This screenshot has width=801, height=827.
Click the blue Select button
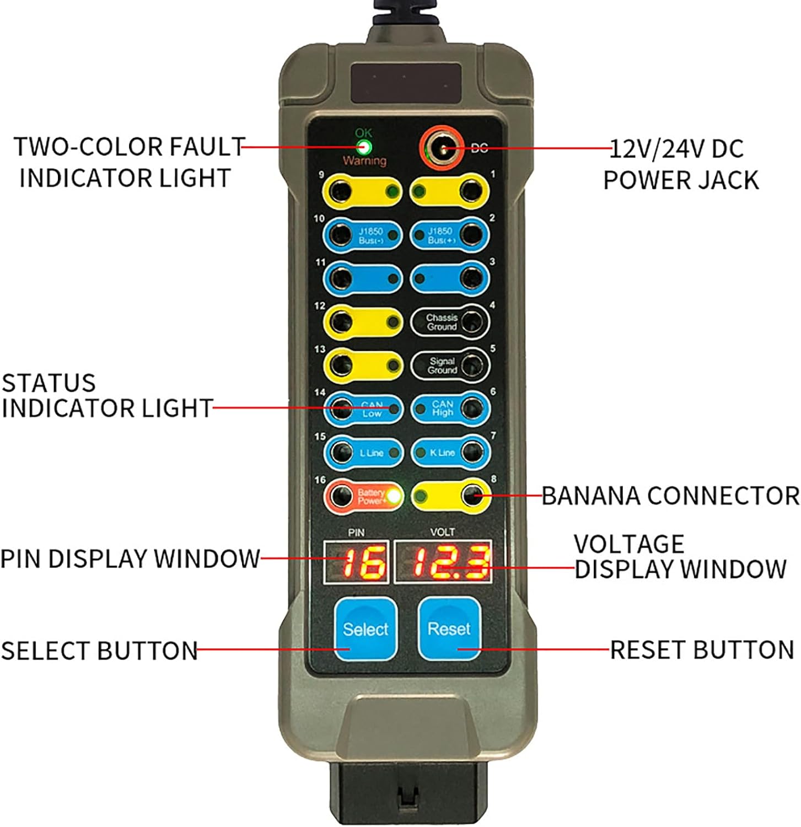[365, 629]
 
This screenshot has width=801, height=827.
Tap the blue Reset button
[449, 629]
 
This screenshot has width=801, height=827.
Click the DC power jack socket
[440, 149]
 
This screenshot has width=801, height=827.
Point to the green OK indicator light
[363, 147]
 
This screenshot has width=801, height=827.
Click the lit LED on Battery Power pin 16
[394, 496]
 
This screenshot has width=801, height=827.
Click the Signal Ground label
[442, 366]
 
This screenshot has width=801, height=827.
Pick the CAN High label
[442, 409]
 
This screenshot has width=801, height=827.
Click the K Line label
[442, 453]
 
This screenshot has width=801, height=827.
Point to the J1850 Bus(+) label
[439, 235]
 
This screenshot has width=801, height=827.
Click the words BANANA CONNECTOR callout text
[670, 496]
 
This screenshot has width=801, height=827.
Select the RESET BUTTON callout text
[702, 649]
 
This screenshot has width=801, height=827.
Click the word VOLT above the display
[442, 532]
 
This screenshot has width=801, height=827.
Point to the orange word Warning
[364, 161]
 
